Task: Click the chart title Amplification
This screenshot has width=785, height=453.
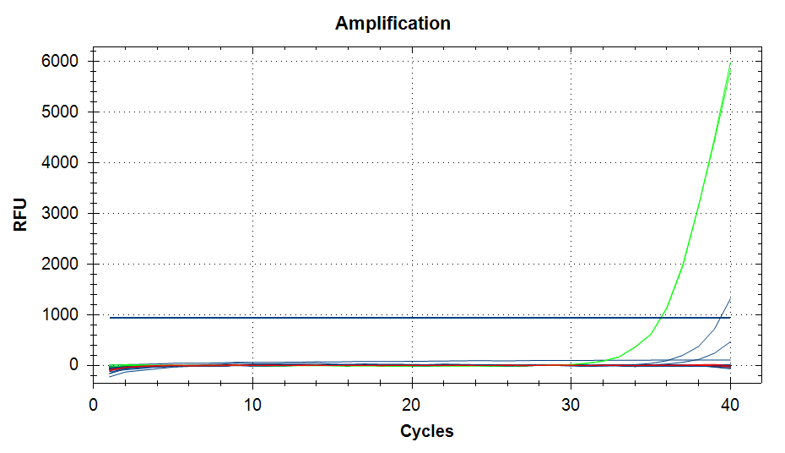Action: click(392, 23)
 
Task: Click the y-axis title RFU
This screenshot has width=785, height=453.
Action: click(21, 215)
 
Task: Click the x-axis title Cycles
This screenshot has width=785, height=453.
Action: click(426, 431)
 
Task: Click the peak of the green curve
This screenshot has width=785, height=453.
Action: click(730, 63)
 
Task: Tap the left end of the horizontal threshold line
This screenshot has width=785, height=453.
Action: click(110, 318)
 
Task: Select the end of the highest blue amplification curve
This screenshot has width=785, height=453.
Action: click(730, 297)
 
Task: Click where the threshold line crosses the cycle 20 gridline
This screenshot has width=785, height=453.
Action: click(412, 318)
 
